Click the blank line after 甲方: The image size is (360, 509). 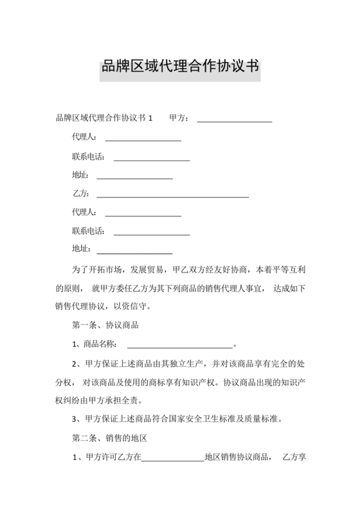[x=234, y=120]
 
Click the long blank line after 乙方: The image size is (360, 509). [x=172, y=194]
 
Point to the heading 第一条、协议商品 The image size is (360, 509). [x=105, y=325]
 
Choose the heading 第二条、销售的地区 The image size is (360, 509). [x=109, y=439]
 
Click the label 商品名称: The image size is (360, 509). [x=97, y=344]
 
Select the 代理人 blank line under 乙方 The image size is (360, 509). [x=143, y=213]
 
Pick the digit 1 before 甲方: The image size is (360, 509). [x=150, y=119]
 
